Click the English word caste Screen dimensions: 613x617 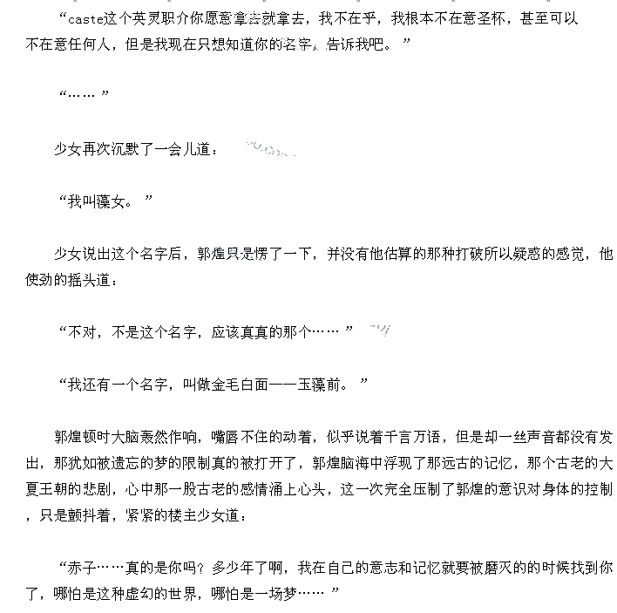86,18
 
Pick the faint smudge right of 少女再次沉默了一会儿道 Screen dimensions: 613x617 268,151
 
